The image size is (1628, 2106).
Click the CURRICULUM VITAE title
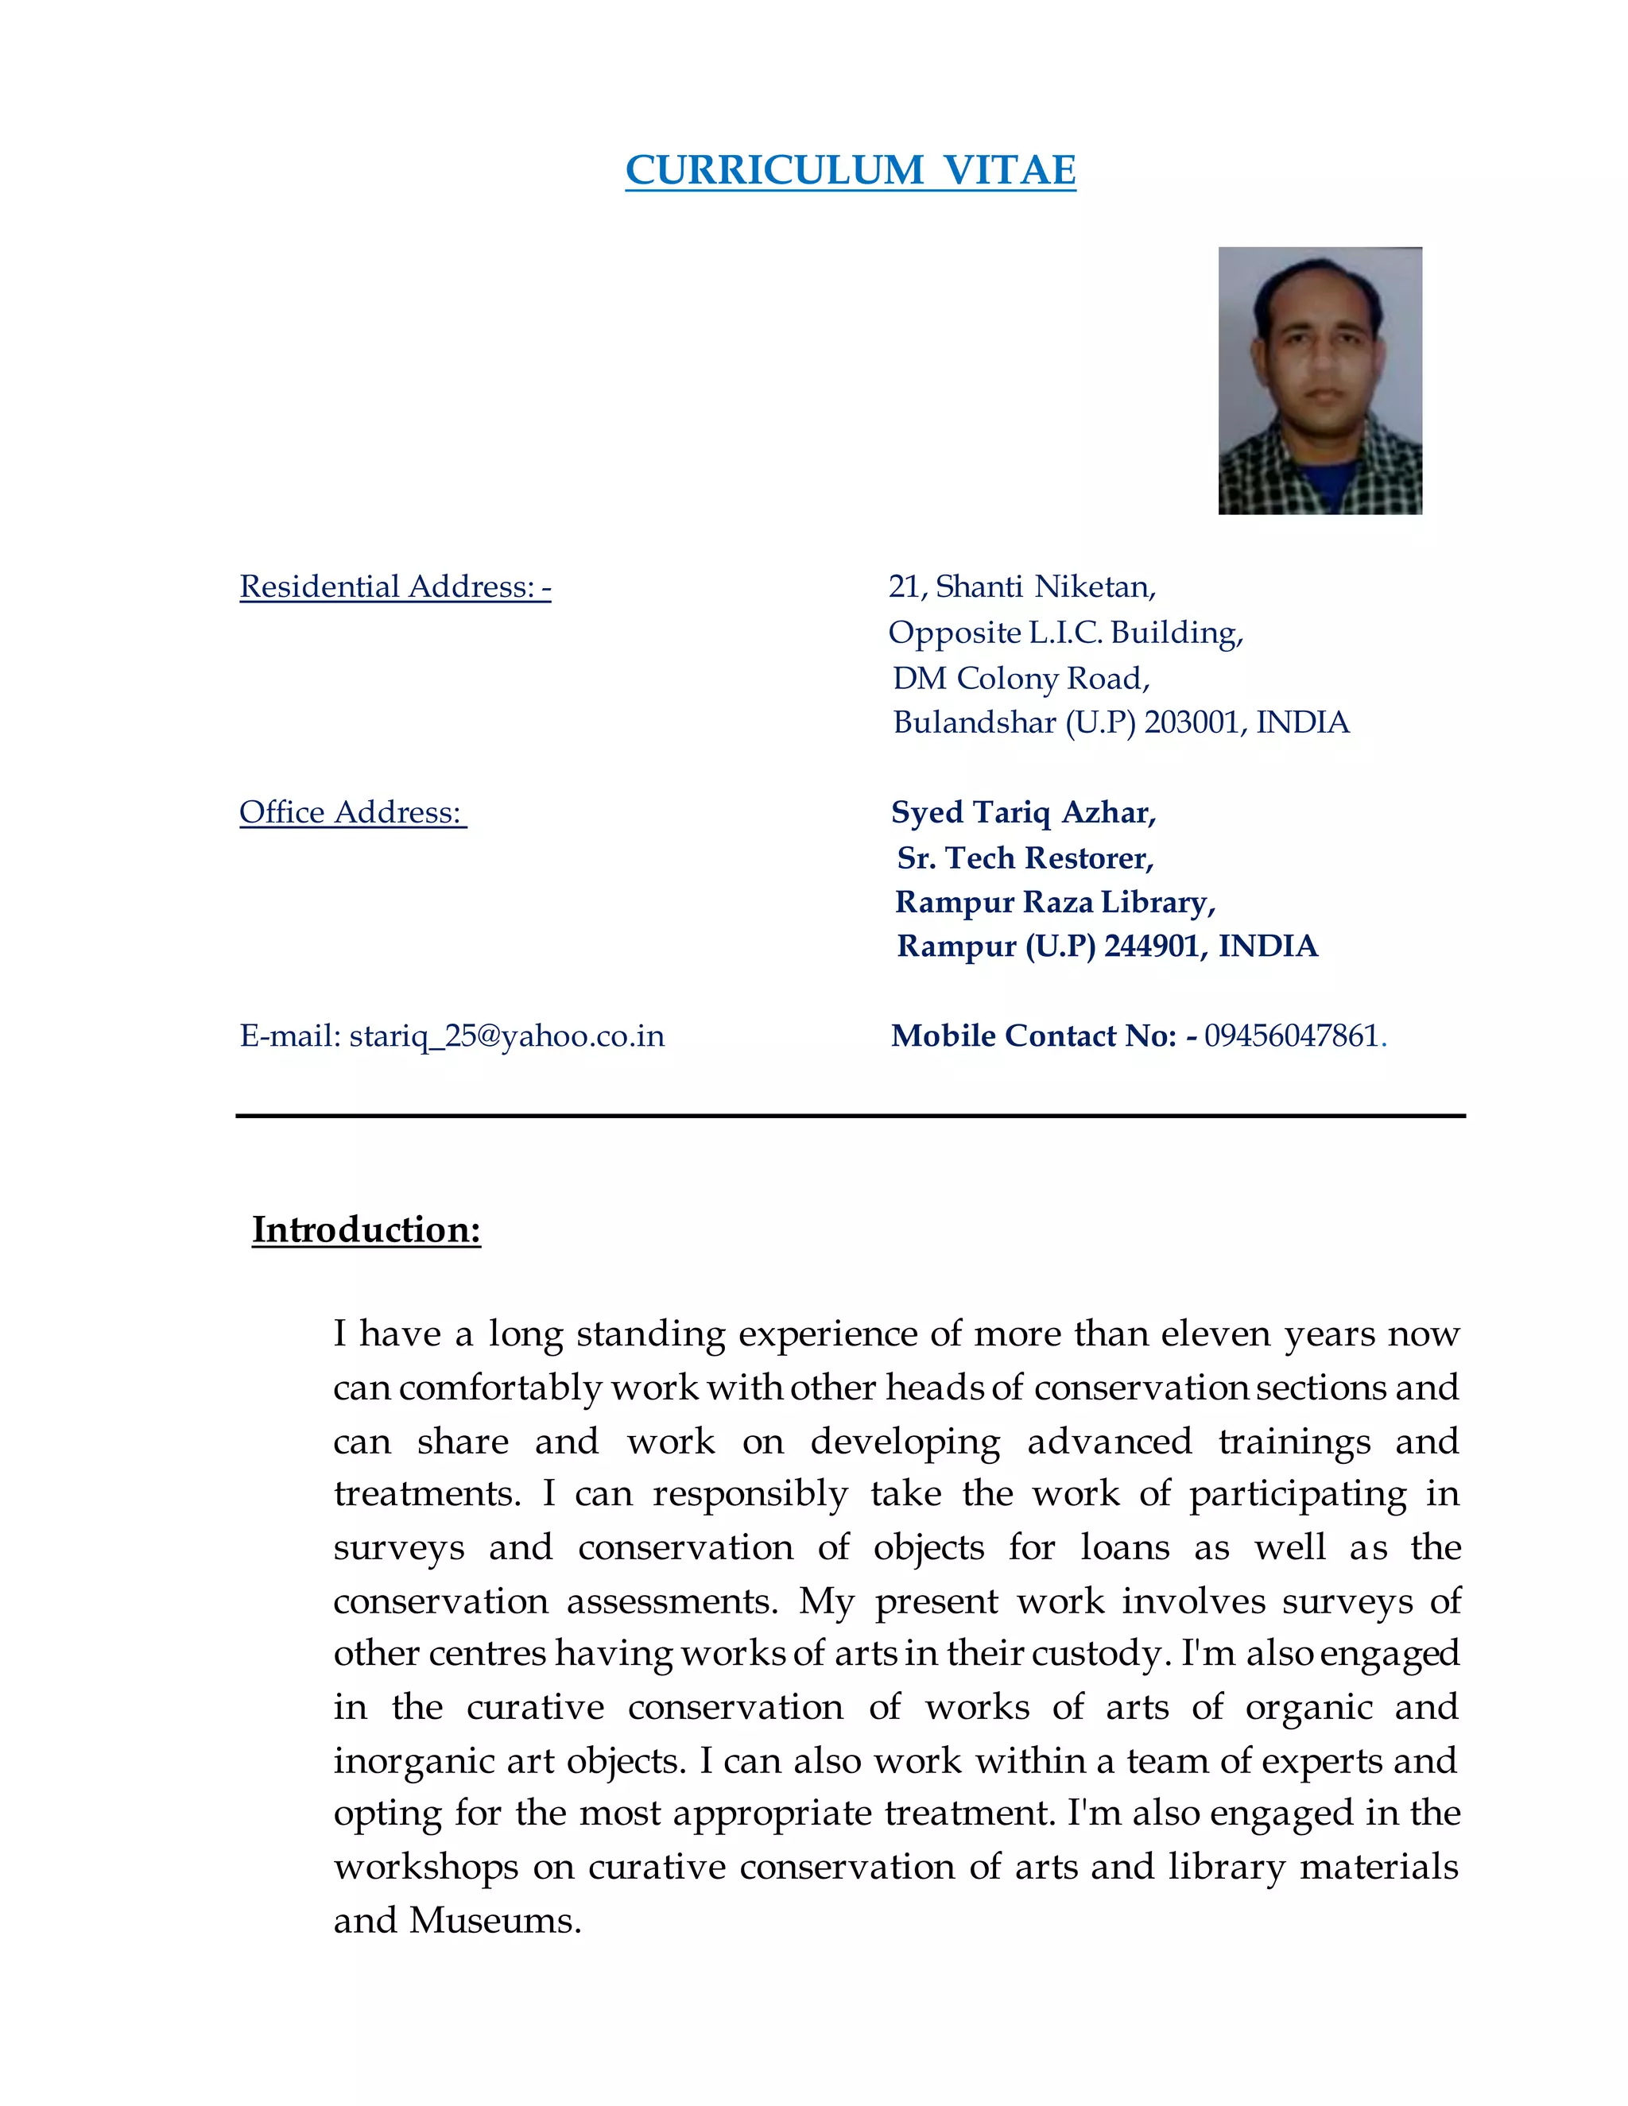coord(850,171)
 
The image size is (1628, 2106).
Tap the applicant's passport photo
coord(1320,380)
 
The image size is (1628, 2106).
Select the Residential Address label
coord(394,587)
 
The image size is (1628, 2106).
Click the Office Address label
coord(352,812)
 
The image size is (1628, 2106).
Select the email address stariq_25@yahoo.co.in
coord(506,1036)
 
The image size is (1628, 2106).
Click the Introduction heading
coord(366,1229)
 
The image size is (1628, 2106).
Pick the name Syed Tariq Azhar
coord(1022,812)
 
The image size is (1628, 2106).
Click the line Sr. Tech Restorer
coord(1025,857)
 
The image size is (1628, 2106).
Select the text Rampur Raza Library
coord(1054,902)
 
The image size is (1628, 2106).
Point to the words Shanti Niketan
coord(1045,587)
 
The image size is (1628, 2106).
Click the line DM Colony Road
coord(1021,678)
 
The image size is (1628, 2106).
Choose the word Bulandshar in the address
coord(974,722)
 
